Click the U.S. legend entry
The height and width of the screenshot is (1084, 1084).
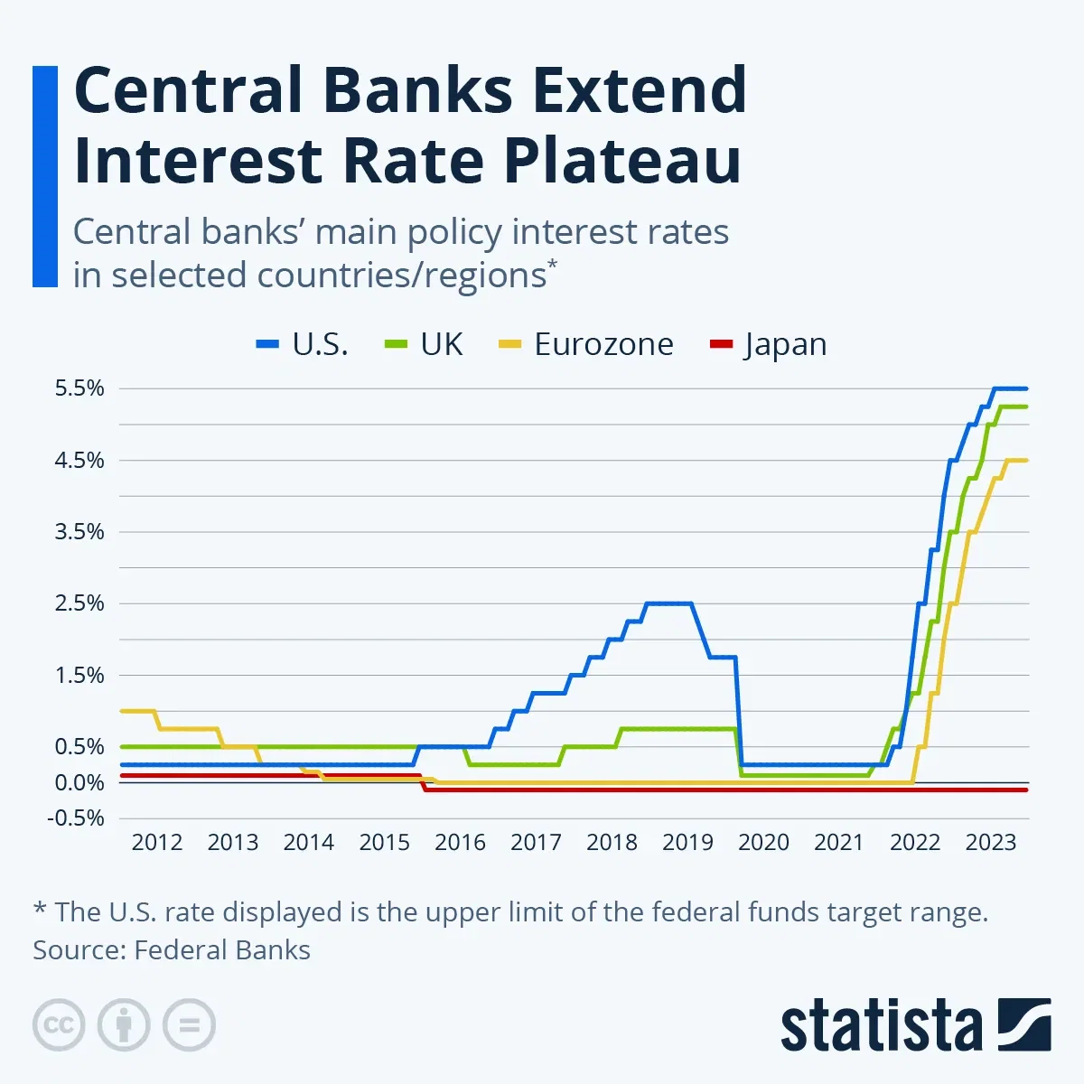pyautogui.click(x=303, y=344)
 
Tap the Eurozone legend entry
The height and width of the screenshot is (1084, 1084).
pyautogui.click(x=586, y=344)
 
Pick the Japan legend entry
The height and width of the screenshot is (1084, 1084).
pyautogui.click(x=768, y=344)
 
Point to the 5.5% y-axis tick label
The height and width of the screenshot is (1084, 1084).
pyautogui.click(x=79, y=388)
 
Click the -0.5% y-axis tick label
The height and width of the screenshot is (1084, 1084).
pyautogui.click(x=78, y=818)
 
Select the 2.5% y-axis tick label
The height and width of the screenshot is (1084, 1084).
pyautogui.click(x=79, y=603)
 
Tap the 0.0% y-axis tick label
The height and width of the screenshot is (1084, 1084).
pyautogui.click(x=79, y=782)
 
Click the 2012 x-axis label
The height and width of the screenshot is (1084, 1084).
pyautogui.click(x=157, y=843)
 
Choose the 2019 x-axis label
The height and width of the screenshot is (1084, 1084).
pyautogui.click(x=687, y=843)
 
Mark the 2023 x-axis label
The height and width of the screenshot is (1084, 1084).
pyautogui.click(x=991, y=843)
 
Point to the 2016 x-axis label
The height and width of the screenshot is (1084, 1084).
pyautogui.click(x=460, y=843)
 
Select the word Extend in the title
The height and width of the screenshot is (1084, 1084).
pyautogui.click(x=639, y=90)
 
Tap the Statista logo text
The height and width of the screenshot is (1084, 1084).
pyautogui.click(x=881, y=1026)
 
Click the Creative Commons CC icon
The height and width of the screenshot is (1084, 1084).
pyautogui.click(x=59, y=1025)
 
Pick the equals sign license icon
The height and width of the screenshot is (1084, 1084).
pyautogui.click(x=189, y=1025)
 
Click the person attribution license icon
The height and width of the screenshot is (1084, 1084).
pyautogui.click(x=124, y=1025)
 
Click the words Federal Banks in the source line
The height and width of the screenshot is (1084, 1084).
pyautogui.click(x=222, y=950)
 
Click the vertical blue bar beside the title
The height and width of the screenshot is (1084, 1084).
pyautogui.click(x=44, y=176)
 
